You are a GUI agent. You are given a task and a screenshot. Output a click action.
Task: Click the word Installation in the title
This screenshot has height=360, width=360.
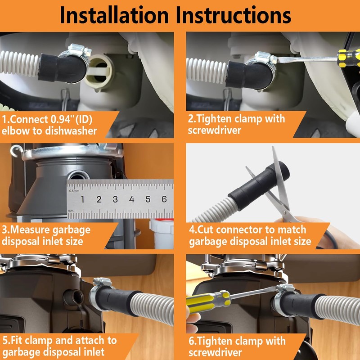coord(114,15)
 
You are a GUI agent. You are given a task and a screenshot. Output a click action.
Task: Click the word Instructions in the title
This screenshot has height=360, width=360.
coord(234,15)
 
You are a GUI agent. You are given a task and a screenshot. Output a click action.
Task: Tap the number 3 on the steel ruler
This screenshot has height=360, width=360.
coord(115,199)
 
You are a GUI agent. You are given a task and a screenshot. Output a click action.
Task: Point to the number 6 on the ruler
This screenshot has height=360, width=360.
coord(164,199)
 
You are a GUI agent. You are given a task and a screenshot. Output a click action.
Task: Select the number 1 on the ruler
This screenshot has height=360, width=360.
coord(83,199)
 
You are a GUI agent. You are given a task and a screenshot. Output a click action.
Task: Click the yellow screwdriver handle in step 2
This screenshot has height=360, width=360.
coord(348,58)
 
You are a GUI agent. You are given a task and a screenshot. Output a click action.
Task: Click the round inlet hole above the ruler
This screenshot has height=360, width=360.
coord(78,175)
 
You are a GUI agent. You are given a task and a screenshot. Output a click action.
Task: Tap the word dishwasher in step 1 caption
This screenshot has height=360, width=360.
coord(71,131)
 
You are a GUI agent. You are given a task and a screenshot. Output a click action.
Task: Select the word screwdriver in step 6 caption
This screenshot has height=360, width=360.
coord(215,352)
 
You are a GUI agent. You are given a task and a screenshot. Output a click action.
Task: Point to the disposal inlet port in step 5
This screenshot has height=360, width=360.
coord(73,298)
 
